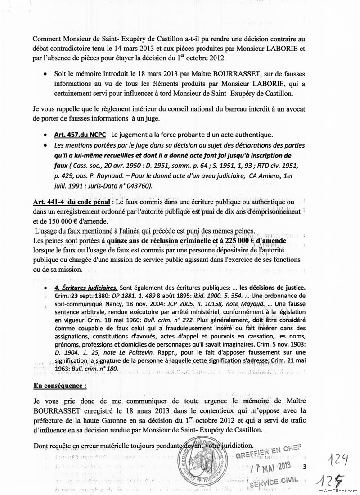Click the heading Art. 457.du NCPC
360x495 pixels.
point(74,135)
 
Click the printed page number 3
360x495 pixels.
point(305,467)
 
